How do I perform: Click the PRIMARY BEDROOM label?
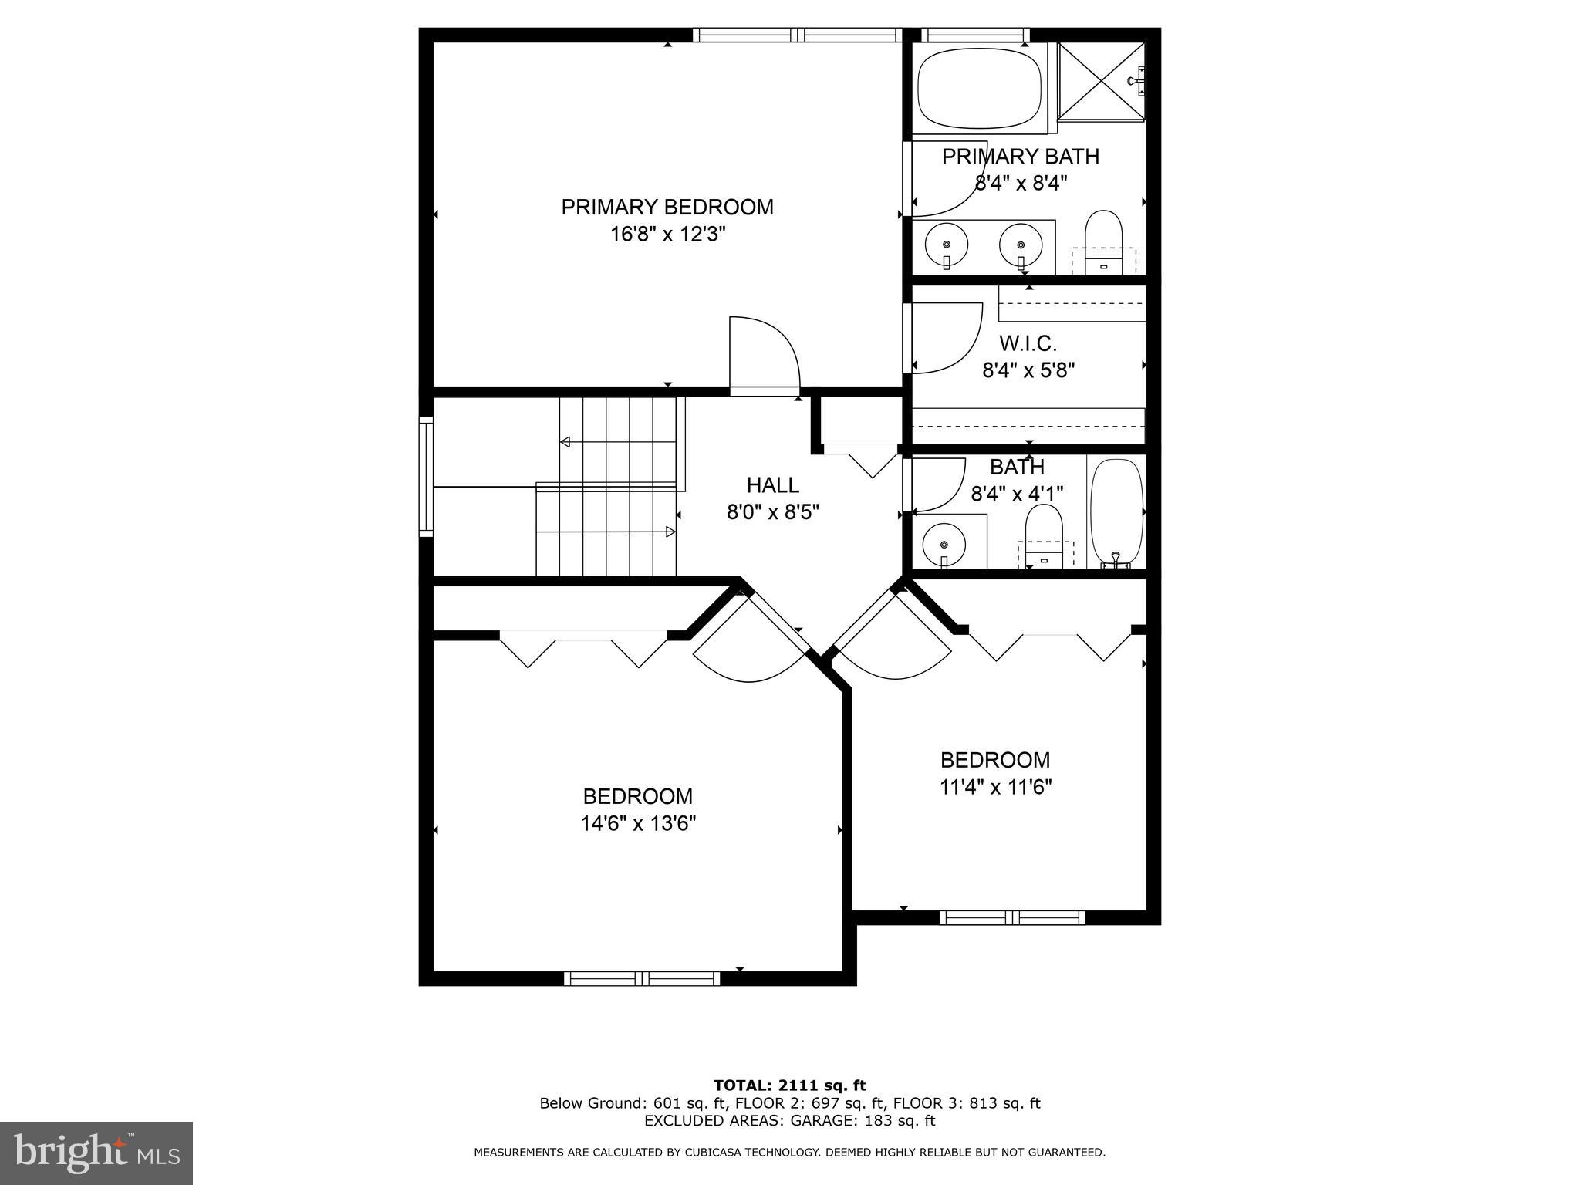point(667,207)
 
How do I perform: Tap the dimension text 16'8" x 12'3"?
point(668,234)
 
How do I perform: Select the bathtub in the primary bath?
point(980,88)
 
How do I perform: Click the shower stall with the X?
point(1101,81)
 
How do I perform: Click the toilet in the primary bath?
point(1103,239)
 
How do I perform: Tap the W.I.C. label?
point(1028,343)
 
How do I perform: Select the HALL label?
point(772,485)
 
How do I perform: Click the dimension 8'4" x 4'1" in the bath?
point(1017,494)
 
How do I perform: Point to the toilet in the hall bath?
point(1044,532)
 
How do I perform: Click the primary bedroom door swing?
point(764,355)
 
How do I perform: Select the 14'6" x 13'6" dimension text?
point(638,824)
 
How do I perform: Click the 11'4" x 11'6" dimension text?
point(995,787)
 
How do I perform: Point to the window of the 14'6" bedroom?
point(642,978)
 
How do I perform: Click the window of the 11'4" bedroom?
point(1012,917)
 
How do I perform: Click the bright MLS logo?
point(96,1153)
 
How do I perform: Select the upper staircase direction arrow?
point(617,442)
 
